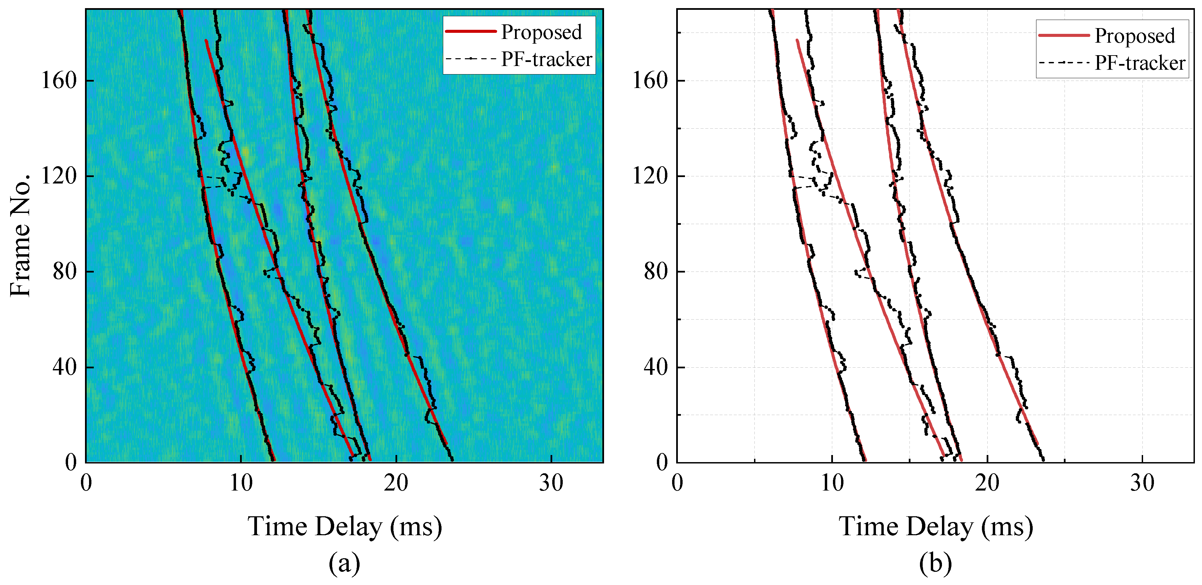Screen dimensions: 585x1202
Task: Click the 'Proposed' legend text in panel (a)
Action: pos(541,32)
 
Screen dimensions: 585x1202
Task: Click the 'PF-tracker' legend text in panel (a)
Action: pos(546,59)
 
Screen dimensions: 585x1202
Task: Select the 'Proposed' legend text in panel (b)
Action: pos(1135,36)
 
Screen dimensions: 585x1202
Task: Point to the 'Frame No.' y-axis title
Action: pos(20,236)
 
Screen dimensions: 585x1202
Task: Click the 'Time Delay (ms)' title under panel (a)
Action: pos(344,527)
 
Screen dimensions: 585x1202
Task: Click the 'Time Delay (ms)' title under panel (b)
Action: pos(936,527)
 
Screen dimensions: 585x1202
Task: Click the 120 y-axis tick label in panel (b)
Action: pos(649,176)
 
